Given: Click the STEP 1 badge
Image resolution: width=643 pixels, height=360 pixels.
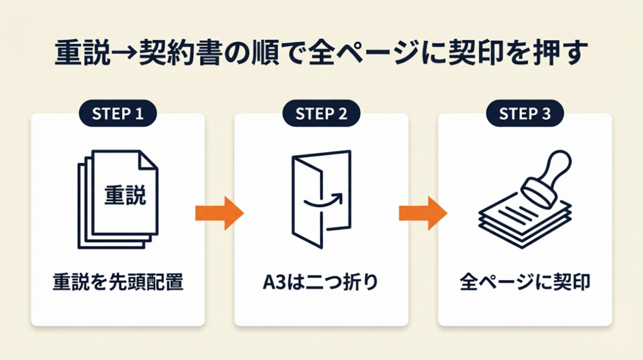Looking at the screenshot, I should coord(117,114).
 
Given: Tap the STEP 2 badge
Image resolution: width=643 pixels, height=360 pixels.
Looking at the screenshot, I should coord(321,114).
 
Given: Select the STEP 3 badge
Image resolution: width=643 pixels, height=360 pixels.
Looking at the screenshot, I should coord(524,114).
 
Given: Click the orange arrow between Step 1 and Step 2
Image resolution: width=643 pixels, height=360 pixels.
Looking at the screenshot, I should coord(219,213).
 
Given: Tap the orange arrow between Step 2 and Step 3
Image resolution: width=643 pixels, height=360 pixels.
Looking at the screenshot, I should coord(423,213).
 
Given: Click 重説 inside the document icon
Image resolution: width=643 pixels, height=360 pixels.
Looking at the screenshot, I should coord(124,195).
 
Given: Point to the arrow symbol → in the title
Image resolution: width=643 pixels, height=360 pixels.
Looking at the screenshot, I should coord(129,53).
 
